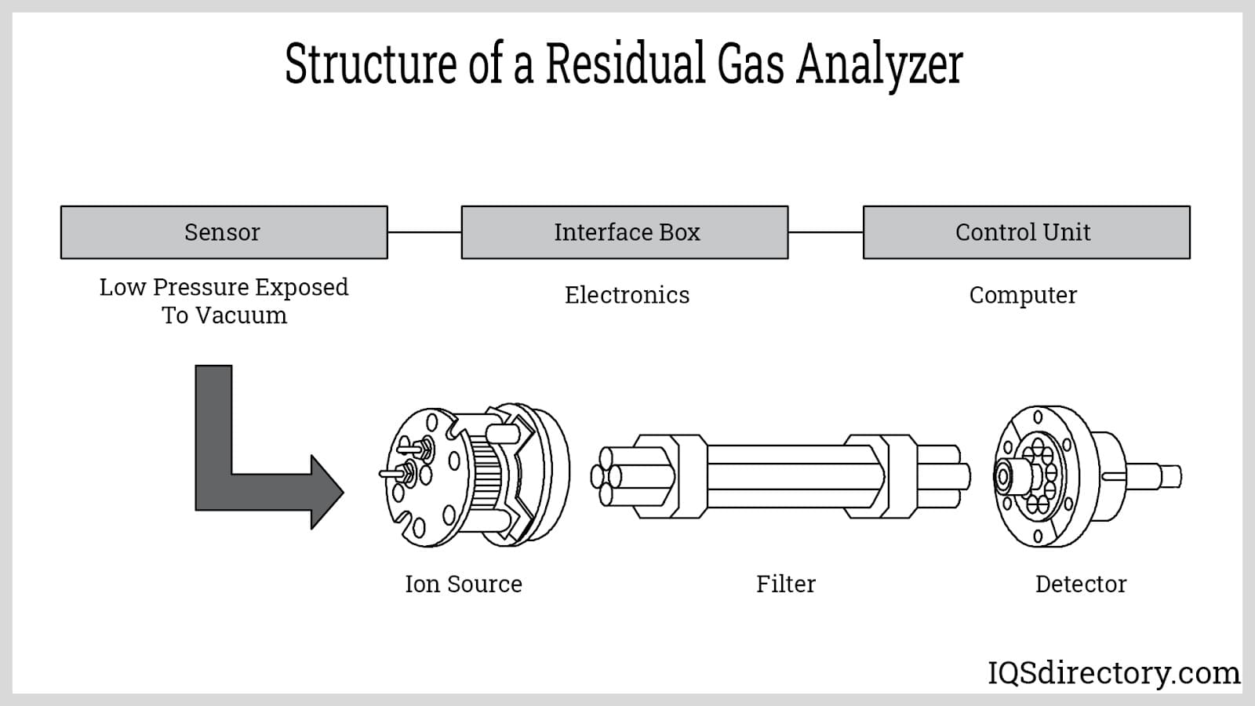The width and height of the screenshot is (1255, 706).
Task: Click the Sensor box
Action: click(x=224, y=232)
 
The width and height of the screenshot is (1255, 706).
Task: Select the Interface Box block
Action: click(x=624, y=232)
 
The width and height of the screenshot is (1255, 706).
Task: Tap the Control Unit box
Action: click(x=1026, y=232)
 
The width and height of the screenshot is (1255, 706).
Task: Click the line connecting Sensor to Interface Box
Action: click(x=424, y=232)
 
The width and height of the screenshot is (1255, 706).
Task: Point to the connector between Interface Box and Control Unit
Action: click(x=825, y=232)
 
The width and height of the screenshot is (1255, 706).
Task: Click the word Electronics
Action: click(x=627, y=295)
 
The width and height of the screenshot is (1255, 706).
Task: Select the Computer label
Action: click(x=1023, y=295)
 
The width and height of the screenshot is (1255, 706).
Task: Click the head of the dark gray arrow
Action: click(x=326, y=492)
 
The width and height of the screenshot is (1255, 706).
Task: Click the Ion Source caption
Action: click(x=463, y=584)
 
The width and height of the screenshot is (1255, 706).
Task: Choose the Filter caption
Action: click(x=785, y=584)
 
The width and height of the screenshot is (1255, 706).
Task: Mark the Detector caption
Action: click(x=1080, y=584)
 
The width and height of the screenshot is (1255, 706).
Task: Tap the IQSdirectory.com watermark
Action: click(x=1113, y=673)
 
